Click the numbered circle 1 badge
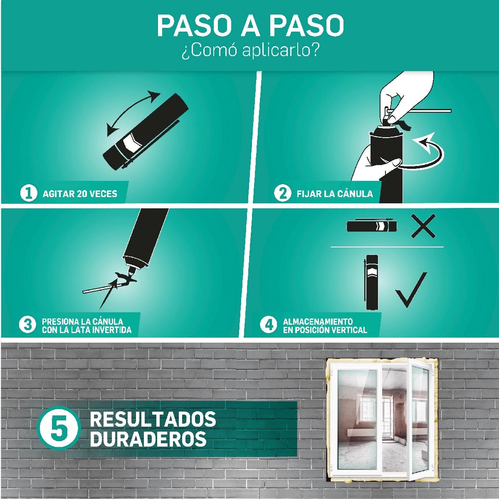[28, 193]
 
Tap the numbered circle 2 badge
[282, 193]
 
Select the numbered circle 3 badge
[27, 325]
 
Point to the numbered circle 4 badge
[268, 325]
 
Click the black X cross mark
[423, 226]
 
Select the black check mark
[411, 290]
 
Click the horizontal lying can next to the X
[372, 226]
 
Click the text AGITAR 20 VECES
[80, 194]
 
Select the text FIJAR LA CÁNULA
[335, 193]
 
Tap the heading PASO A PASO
[250, 26]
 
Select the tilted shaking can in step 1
[146, 132]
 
